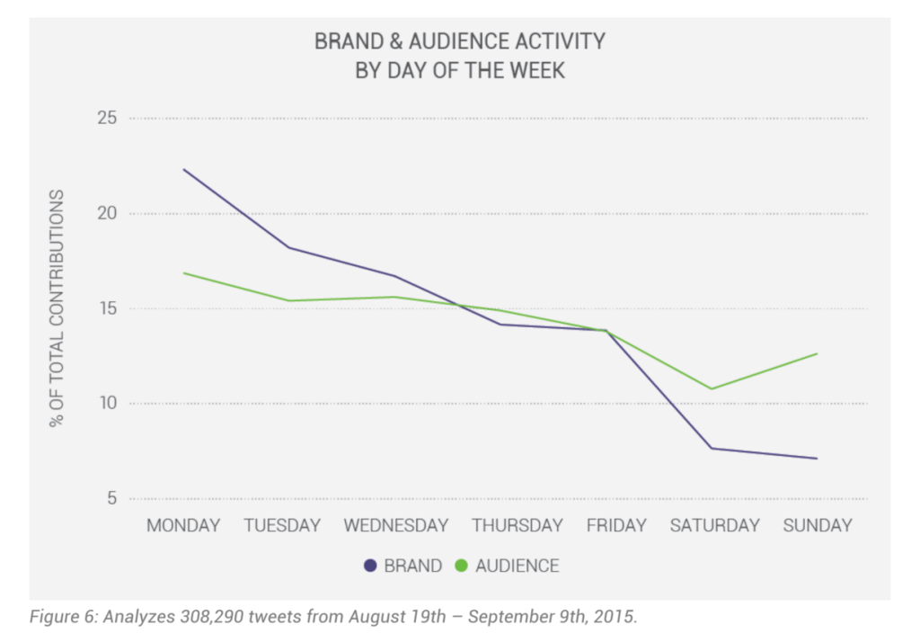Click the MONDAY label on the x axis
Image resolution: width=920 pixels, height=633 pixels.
coord(183,525)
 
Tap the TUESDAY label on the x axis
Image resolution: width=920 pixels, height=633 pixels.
coord(282,525)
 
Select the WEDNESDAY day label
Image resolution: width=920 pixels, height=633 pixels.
coord(396,525)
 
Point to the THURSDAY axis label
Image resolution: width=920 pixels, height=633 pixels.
coord(517,525)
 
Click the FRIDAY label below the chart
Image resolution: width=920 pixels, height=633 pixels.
coord(616,525)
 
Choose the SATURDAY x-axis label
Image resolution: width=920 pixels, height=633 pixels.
coord(714,525)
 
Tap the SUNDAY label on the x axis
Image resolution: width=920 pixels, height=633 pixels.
coord(817,525)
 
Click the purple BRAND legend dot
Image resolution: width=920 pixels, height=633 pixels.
coord(370,566)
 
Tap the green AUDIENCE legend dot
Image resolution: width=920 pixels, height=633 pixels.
coord(462,566)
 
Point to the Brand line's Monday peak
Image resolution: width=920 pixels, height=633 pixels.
coord(183,169)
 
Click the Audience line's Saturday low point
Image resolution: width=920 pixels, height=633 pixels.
coord(712,388)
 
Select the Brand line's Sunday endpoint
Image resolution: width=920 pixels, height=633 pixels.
coord(817,459)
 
